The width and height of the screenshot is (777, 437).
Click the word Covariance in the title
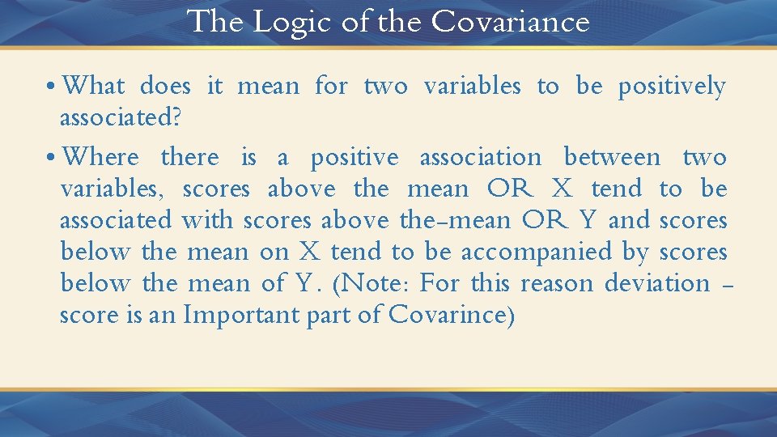[511, 22]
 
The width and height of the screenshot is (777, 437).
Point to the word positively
[672, 87]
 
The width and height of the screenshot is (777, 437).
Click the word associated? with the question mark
[121, 118]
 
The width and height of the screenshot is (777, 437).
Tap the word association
[481, 157]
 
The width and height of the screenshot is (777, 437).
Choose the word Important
[242, 316]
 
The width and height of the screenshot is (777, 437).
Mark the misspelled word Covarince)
[452, 316]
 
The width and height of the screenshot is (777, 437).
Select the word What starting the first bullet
[94, 86]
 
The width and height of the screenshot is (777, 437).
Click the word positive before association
[355, 158]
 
